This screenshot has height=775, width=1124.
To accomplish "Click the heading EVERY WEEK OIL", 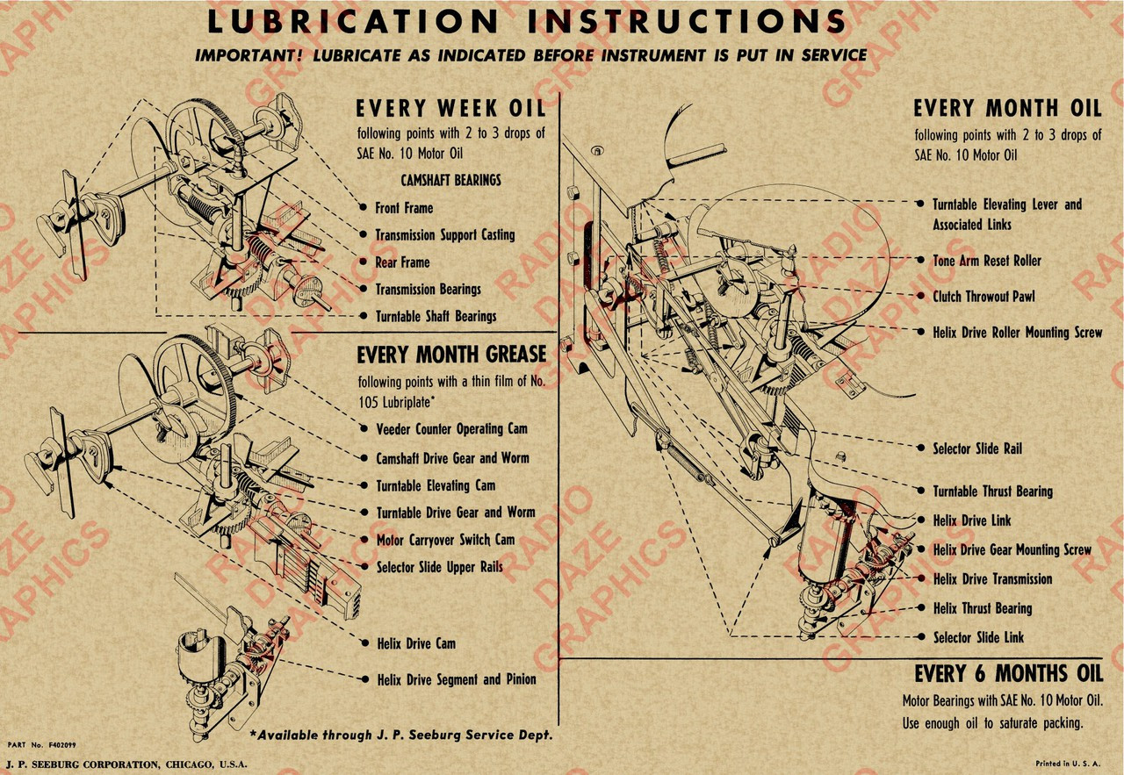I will click(x=450, y=109).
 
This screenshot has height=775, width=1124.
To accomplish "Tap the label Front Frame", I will click(x=404, y=208).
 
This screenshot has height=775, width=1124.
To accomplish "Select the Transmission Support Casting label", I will click(x=444, y=235).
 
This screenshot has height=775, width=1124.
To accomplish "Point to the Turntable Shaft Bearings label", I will click(x=436, y=316).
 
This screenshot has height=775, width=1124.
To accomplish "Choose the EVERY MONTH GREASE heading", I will click(x=451, y=355).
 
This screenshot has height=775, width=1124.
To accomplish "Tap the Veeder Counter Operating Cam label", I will click(x=451, y=429).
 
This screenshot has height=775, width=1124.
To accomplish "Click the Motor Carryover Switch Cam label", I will click(x=445, y=540).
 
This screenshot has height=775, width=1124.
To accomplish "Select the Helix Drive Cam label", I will click(x=416, y=643).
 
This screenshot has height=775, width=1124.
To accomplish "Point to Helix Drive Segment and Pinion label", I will click(x=457, y=679).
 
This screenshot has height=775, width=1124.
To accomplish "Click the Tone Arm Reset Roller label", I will click(x=987, y=261).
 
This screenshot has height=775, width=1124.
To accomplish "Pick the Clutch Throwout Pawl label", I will click(x=983, y=297).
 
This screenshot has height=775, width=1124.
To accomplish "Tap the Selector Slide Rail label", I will click(x=977, y=448).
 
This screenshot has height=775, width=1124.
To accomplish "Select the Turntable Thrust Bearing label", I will click(x=992, y=492).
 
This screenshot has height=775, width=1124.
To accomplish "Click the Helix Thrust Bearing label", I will click(x=983, y=608).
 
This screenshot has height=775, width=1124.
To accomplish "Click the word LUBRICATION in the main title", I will click(x=349, y=22).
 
